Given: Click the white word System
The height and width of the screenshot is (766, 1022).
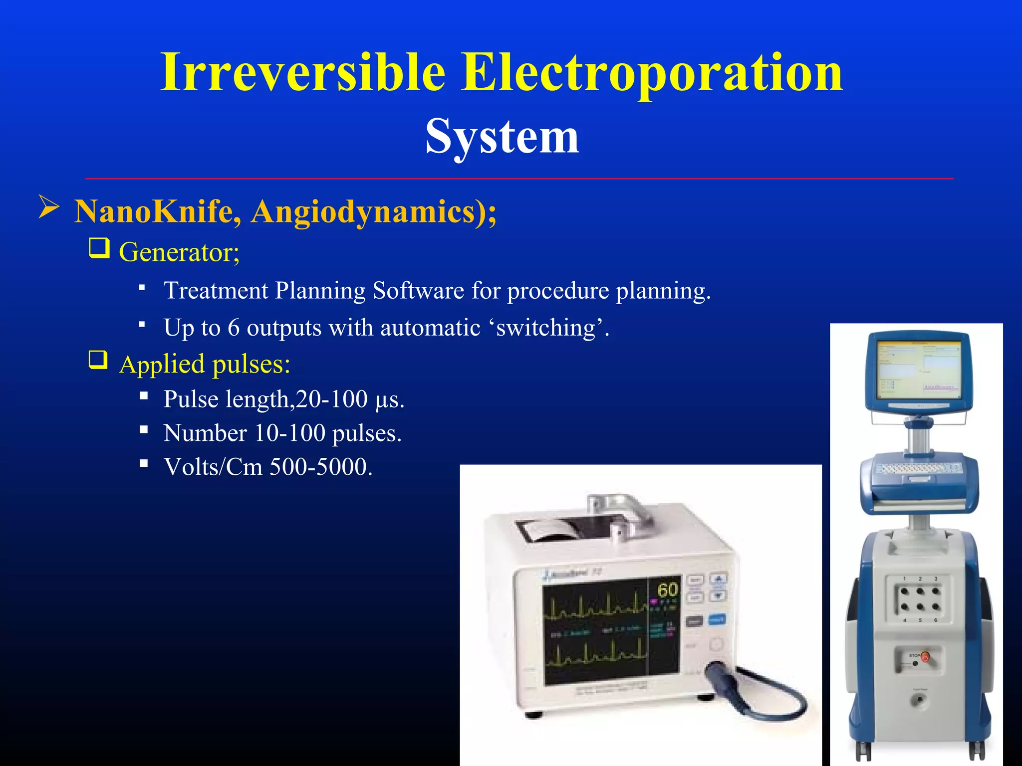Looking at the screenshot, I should [502, 137].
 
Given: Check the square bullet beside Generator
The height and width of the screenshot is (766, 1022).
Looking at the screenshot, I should [99, 248].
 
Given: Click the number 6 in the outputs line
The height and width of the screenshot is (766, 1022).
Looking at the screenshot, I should [234, 328].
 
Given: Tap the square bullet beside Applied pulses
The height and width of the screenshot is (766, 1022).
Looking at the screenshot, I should [98, 360].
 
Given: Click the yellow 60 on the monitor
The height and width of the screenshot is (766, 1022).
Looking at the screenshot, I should [668, 590].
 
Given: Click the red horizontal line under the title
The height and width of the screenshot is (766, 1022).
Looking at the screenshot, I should [519, 178].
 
